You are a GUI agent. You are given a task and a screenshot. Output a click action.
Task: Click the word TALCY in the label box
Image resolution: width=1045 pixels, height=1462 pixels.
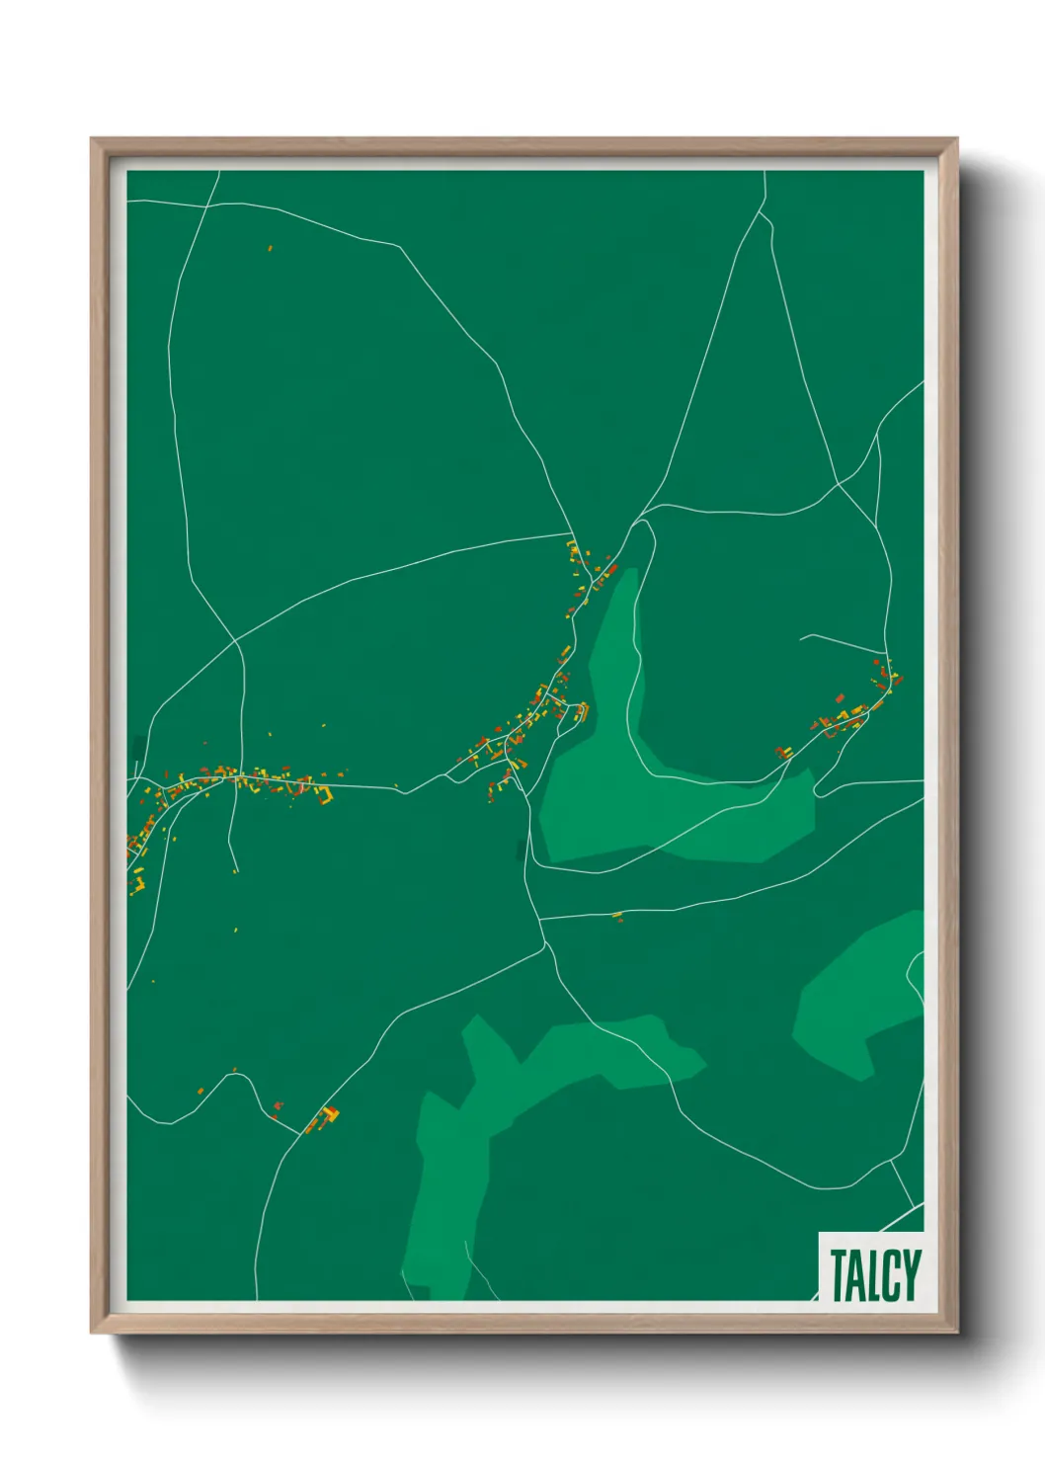(874, 1275)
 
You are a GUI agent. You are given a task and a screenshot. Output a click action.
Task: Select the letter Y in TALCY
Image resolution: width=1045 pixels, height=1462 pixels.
(911, 1275)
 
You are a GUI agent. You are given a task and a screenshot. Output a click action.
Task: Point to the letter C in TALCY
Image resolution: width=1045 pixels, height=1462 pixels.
(892, 1275)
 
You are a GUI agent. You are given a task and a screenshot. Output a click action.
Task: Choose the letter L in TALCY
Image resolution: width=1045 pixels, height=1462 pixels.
(874, 1275)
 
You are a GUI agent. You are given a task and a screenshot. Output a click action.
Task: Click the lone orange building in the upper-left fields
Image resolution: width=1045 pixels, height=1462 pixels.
(270, 248)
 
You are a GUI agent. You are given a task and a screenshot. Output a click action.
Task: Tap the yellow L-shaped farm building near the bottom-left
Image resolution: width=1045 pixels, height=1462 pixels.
(330, 1115)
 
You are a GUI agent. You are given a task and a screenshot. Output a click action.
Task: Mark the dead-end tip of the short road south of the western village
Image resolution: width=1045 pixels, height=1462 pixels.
(236, 871)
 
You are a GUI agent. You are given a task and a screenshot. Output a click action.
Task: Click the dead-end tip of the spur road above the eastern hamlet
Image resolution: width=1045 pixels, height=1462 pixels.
(801, 635)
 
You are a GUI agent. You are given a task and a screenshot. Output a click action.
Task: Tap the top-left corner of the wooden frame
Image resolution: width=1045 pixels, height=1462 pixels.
(93, 139)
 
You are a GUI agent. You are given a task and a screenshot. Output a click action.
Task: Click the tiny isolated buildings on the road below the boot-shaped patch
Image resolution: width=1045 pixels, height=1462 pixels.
(618, 917)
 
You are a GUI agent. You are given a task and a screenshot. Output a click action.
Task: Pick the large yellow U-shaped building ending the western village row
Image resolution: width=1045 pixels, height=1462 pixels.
(322, 794)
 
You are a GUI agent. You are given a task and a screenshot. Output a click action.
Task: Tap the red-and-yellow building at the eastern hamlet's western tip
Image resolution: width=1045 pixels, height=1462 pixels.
(785, 753)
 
